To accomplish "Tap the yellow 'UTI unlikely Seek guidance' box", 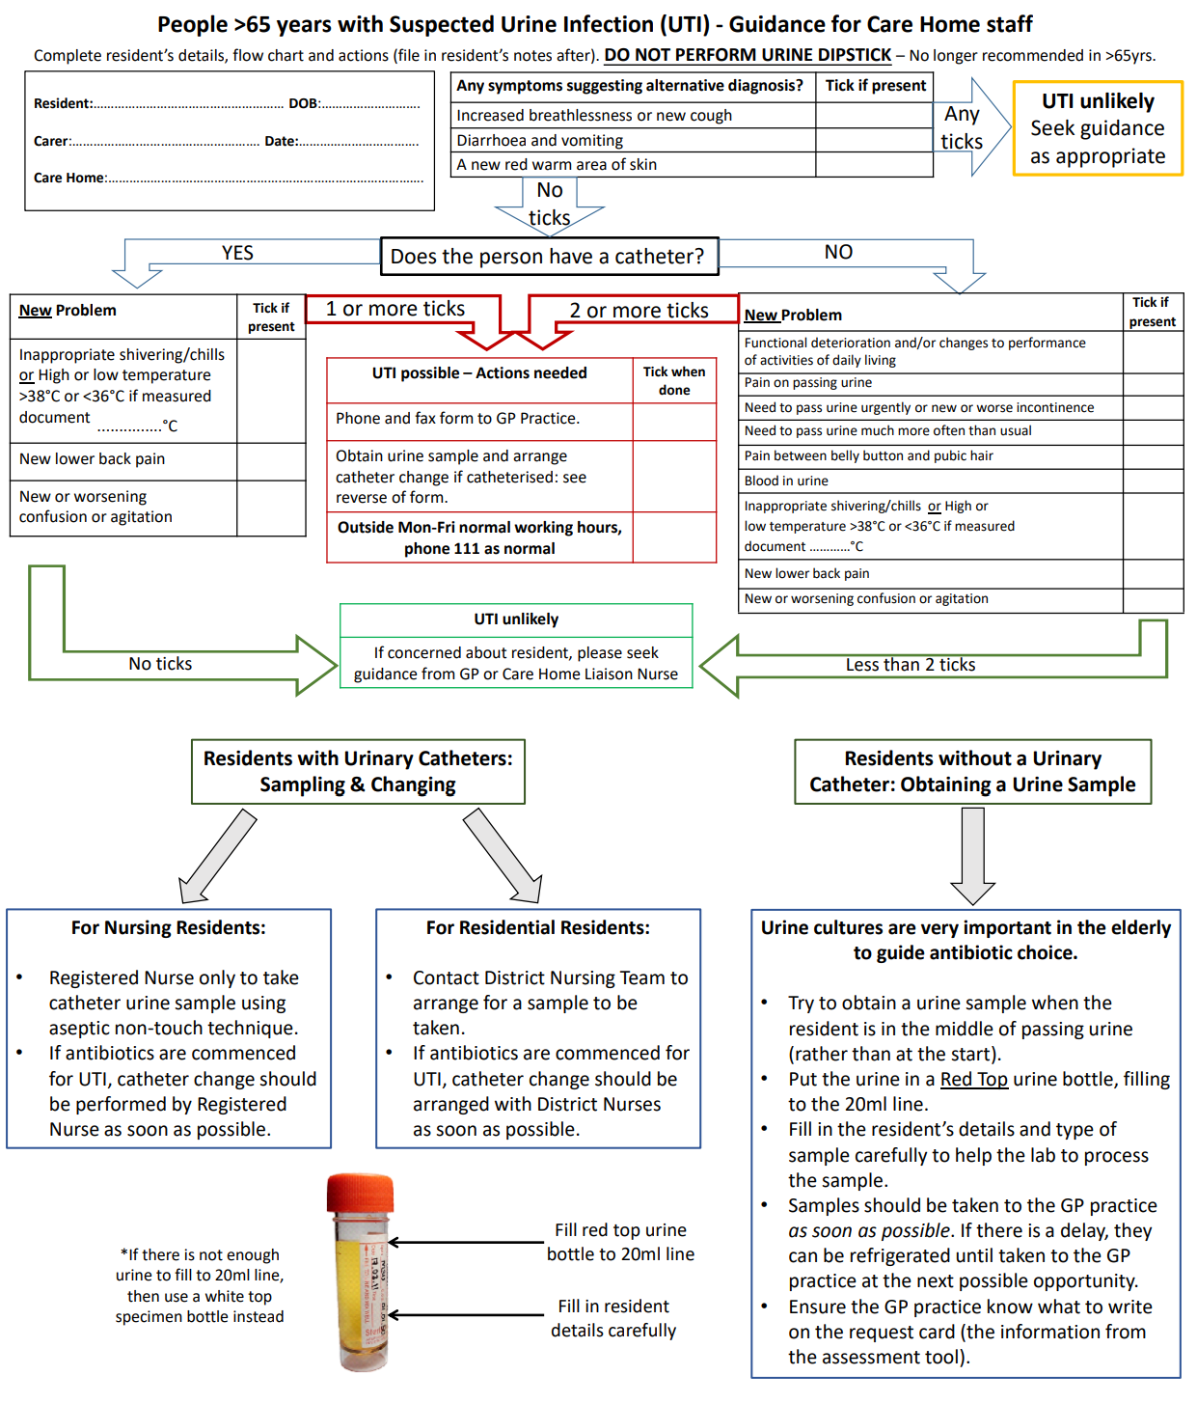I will (1098, 128).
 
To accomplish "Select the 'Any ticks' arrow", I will (969, 127).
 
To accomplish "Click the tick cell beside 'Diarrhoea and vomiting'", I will (874, 140).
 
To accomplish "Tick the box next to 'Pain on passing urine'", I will (1153, 383).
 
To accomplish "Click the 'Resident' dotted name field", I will (188, 104).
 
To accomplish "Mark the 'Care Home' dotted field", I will (265, 179).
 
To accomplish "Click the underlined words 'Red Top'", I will (973, 1079).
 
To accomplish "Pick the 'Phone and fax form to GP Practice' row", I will (479, 419).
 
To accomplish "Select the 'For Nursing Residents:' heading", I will (168, 927).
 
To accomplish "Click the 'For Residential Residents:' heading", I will (537, 927).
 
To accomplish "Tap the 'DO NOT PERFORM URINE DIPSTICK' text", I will (748, 55).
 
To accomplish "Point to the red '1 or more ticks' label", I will (395, 309).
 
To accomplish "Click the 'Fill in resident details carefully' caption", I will (613, 1318).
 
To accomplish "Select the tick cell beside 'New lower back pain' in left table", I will (271, 459).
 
